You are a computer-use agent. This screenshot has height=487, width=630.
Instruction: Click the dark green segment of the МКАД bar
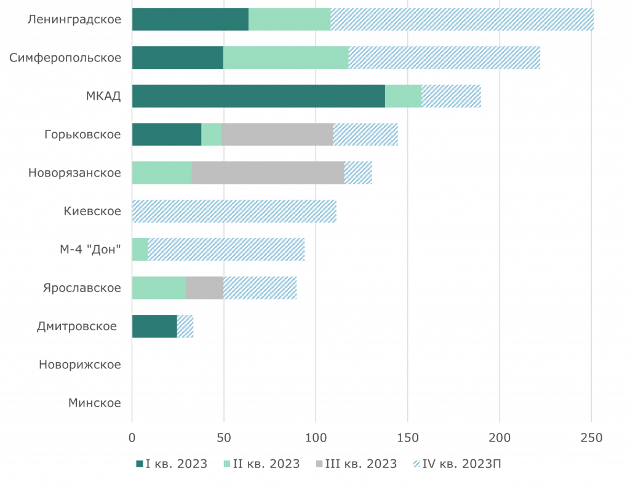pyautogui.click(x=258, y=97)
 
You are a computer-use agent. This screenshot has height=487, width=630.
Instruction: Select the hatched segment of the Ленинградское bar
pyautogui.click(x=462, y=20)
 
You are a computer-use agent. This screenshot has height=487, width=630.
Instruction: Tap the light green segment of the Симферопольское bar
pyautogui.click(x=285, y=58)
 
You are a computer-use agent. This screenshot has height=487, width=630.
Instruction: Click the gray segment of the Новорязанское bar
pyautogui.click(x=268, y=173)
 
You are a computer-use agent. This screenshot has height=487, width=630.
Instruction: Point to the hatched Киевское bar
pyautogui.click(x=234, y=211)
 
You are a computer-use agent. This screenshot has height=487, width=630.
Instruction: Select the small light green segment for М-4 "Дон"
pyautogui.click(x=140, y=250)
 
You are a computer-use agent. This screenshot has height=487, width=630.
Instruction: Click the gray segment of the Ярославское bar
pyautogui.click(x=204, y=288)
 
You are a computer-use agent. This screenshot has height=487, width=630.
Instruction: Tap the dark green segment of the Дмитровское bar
pyautogui.click(x=154, y=327)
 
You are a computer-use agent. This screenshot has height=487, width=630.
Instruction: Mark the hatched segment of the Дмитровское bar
pyautogui.click(x=185, y=327)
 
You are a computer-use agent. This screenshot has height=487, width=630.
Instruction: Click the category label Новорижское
pyautogui.click(x=79, y=365)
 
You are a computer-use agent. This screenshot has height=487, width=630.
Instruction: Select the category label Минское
pyautogui.click(x=94, y=403)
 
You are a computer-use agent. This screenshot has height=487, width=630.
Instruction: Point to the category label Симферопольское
pyautogui.click(x=65, y=58)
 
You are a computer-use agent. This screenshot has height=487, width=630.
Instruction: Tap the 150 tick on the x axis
pyautogui.click(x=407, y=438)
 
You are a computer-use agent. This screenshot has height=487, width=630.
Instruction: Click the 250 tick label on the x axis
pyautogui.click(x=591, y=438)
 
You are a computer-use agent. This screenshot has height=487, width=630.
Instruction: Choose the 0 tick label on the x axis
pyautogui.click(x=132, y=438)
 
